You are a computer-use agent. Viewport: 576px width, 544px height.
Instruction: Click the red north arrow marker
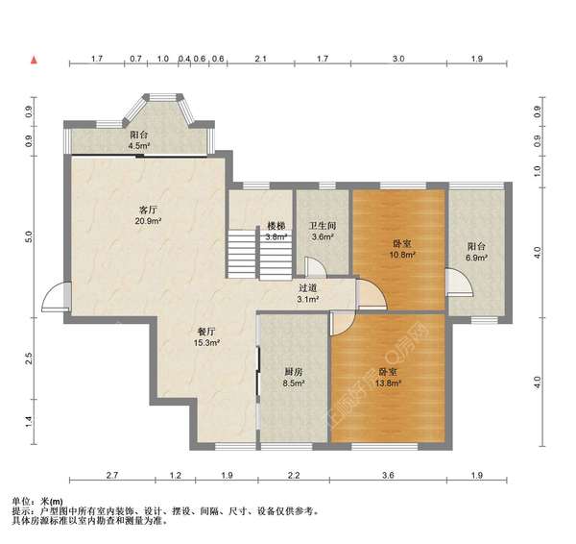(35, 60)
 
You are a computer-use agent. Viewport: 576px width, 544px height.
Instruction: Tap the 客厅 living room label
(148, 210)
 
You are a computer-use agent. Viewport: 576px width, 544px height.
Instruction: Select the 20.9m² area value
(148, 221)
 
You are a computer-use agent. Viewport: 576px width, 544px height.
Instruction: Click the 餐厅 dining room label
(206, 332)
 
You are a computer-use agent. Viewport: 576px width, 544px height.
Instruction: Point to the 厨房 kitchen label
(294, 372)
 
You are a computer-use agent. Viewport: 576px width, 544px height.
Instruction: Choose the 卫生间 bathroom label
(323, 226)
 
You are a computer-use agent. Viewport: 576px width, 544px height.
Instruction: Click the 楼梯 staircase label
(276, 226)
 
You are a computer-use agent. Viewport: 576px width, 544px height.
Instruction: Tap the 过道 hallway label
(308, 288)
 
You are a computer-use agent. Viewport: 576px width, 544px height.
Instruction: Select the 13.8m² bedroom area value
(388, 383)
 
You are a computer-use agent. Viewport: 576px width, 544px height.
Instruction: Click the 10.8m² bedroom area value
(402, 255)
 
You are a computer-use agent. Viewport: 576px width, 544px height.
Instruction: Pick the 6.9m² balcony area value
(476, 258)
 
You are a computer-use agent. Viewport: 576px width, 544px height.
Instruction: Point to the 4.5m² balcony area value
(138, 146)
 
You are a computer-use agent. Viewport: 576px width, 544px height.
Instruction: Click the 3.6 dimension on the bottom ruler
(388, 476)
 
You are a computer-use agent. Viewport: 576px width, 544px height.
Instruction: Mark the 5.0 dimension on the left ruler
(30, 236)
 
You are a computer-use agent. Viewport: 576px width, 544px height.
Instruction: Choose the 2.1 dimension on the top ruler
(260, 59)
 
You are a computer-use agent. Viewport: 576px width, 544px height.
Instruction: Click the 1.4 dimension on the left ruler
(30, 422)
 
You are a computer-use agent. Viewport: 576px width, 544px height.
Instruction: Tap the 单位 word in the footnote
(20, 502)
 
